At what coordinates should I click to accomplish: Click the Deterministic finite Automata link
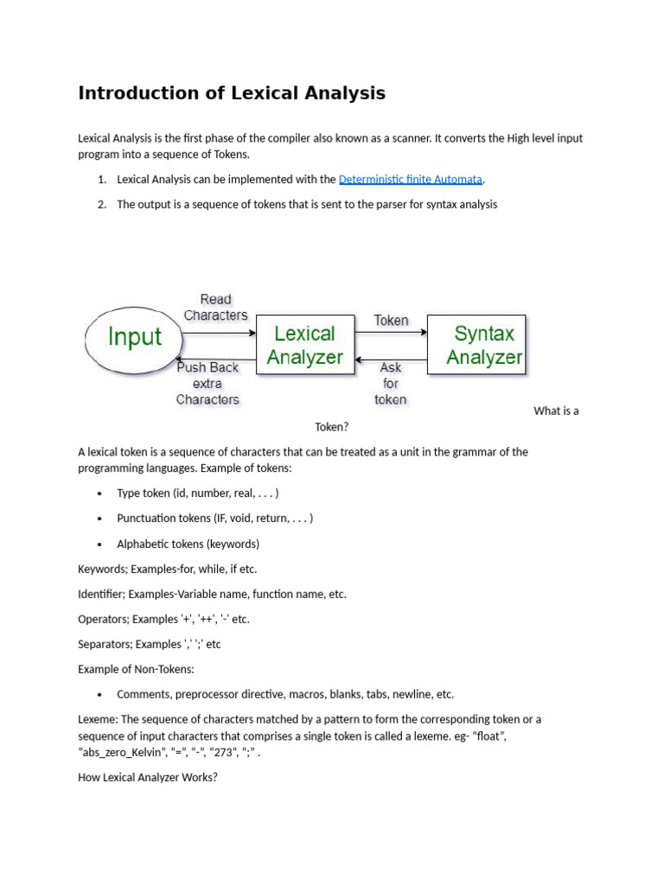[411, 180]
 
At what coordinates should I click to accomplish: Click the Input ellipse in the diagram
[134, 338]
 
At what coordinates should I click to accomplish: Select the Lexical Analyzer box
[304, 345]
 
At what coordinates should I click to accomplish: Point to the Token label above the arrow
[391, 321]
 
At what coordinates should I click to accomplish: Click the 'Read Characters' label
[215, 308]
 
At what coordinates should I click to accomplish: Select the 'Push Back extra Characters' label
[207, 383]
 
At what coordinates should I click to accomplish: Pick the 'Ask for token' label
[391, 383]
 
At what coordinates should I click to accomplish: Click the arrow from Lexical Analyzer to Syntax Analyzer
[391, 333]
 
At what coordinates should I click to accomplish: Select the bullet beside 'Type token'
[99, 493]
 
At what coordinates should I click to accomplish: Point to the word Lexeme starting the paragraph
[97, 719]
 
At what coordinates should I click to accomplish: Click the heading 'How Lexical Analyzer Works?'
[148, 777]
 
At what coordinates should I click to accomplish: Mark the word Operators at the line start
[103, 619]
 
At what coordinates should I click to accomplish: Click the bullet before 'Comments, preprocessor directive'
[99, 695]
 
